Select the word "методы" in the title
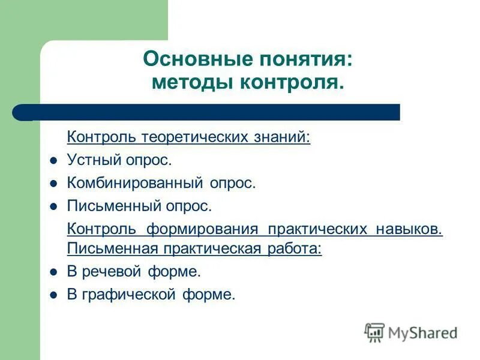coord(191,82)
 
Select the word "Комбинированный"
coord(136,183)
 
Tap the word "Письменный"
coord(113,206)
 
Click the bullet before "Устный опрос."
coord(53,161)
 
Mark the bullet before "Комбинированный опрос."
coord(53,184)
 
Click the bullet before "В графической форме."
coord(53,295)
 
